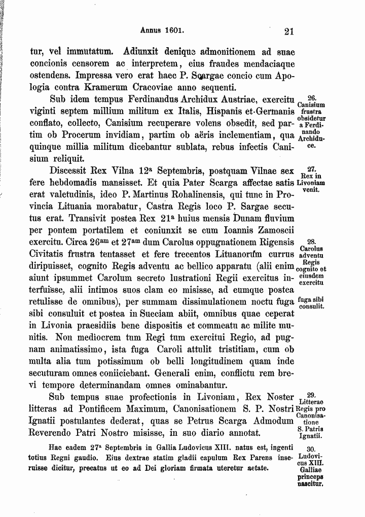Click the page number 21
point(289,31)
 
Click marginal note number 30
point(312,449)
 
